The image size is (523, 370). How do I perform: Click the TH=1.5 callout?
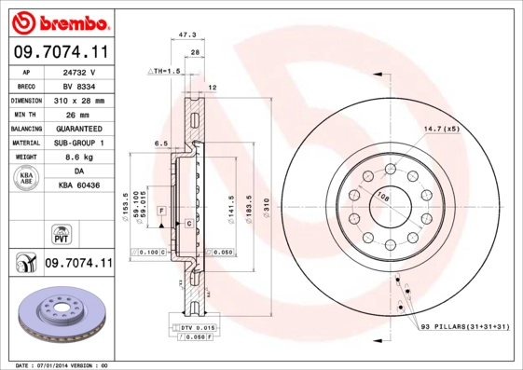166,72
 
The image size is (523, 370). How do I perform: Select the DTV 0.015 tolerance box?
197,327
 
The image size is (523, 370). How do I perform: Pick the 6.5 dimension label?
159,144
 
